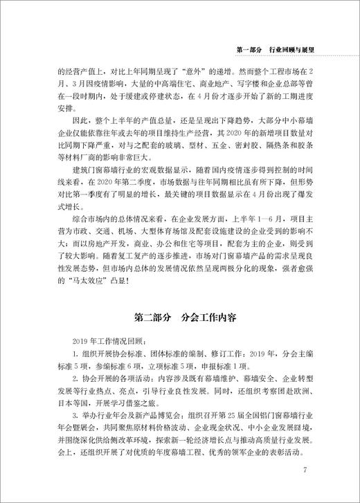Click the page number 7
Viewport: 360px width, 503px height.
pos(305,472)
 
